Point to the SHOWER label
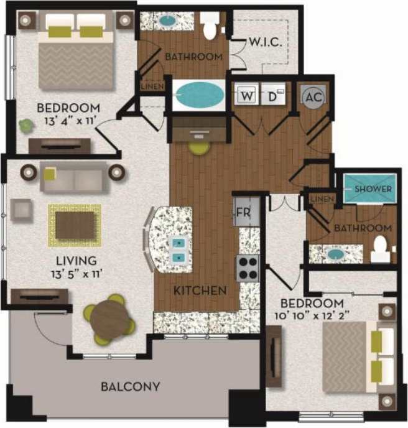click(x=373, y=189)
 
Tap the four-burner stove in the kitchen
click(x=248, y=268)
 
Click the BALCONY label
click(x=131, y=386)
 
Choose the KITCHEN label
click(x=200, y=291)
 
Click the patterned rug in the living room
click(x=75, y=224)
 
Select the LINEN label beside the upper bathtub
click(x=151, y=86)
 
